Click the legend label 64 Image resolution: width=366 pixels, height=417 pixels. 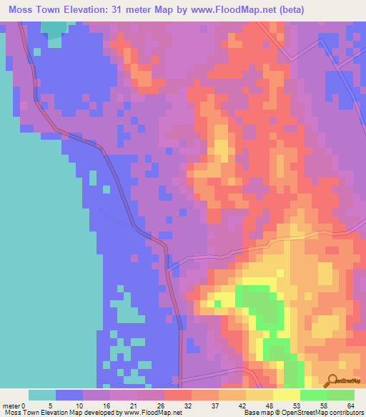click(x=352, y=405)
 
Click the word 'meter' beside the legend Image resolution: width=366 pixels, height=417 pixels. click(x=11, y=405)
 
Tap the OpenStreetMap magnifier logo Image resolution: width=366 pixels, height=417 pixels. click(x=333, y=380)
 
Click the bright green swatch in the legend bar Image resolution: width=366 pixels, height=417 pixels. click(x=313, y=395)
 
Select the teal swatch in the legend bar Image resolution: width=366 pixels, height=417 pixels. click(x=42, y=395)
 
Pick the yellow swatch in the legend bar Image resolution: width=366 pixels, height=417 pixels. click(x=286, y=395)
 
